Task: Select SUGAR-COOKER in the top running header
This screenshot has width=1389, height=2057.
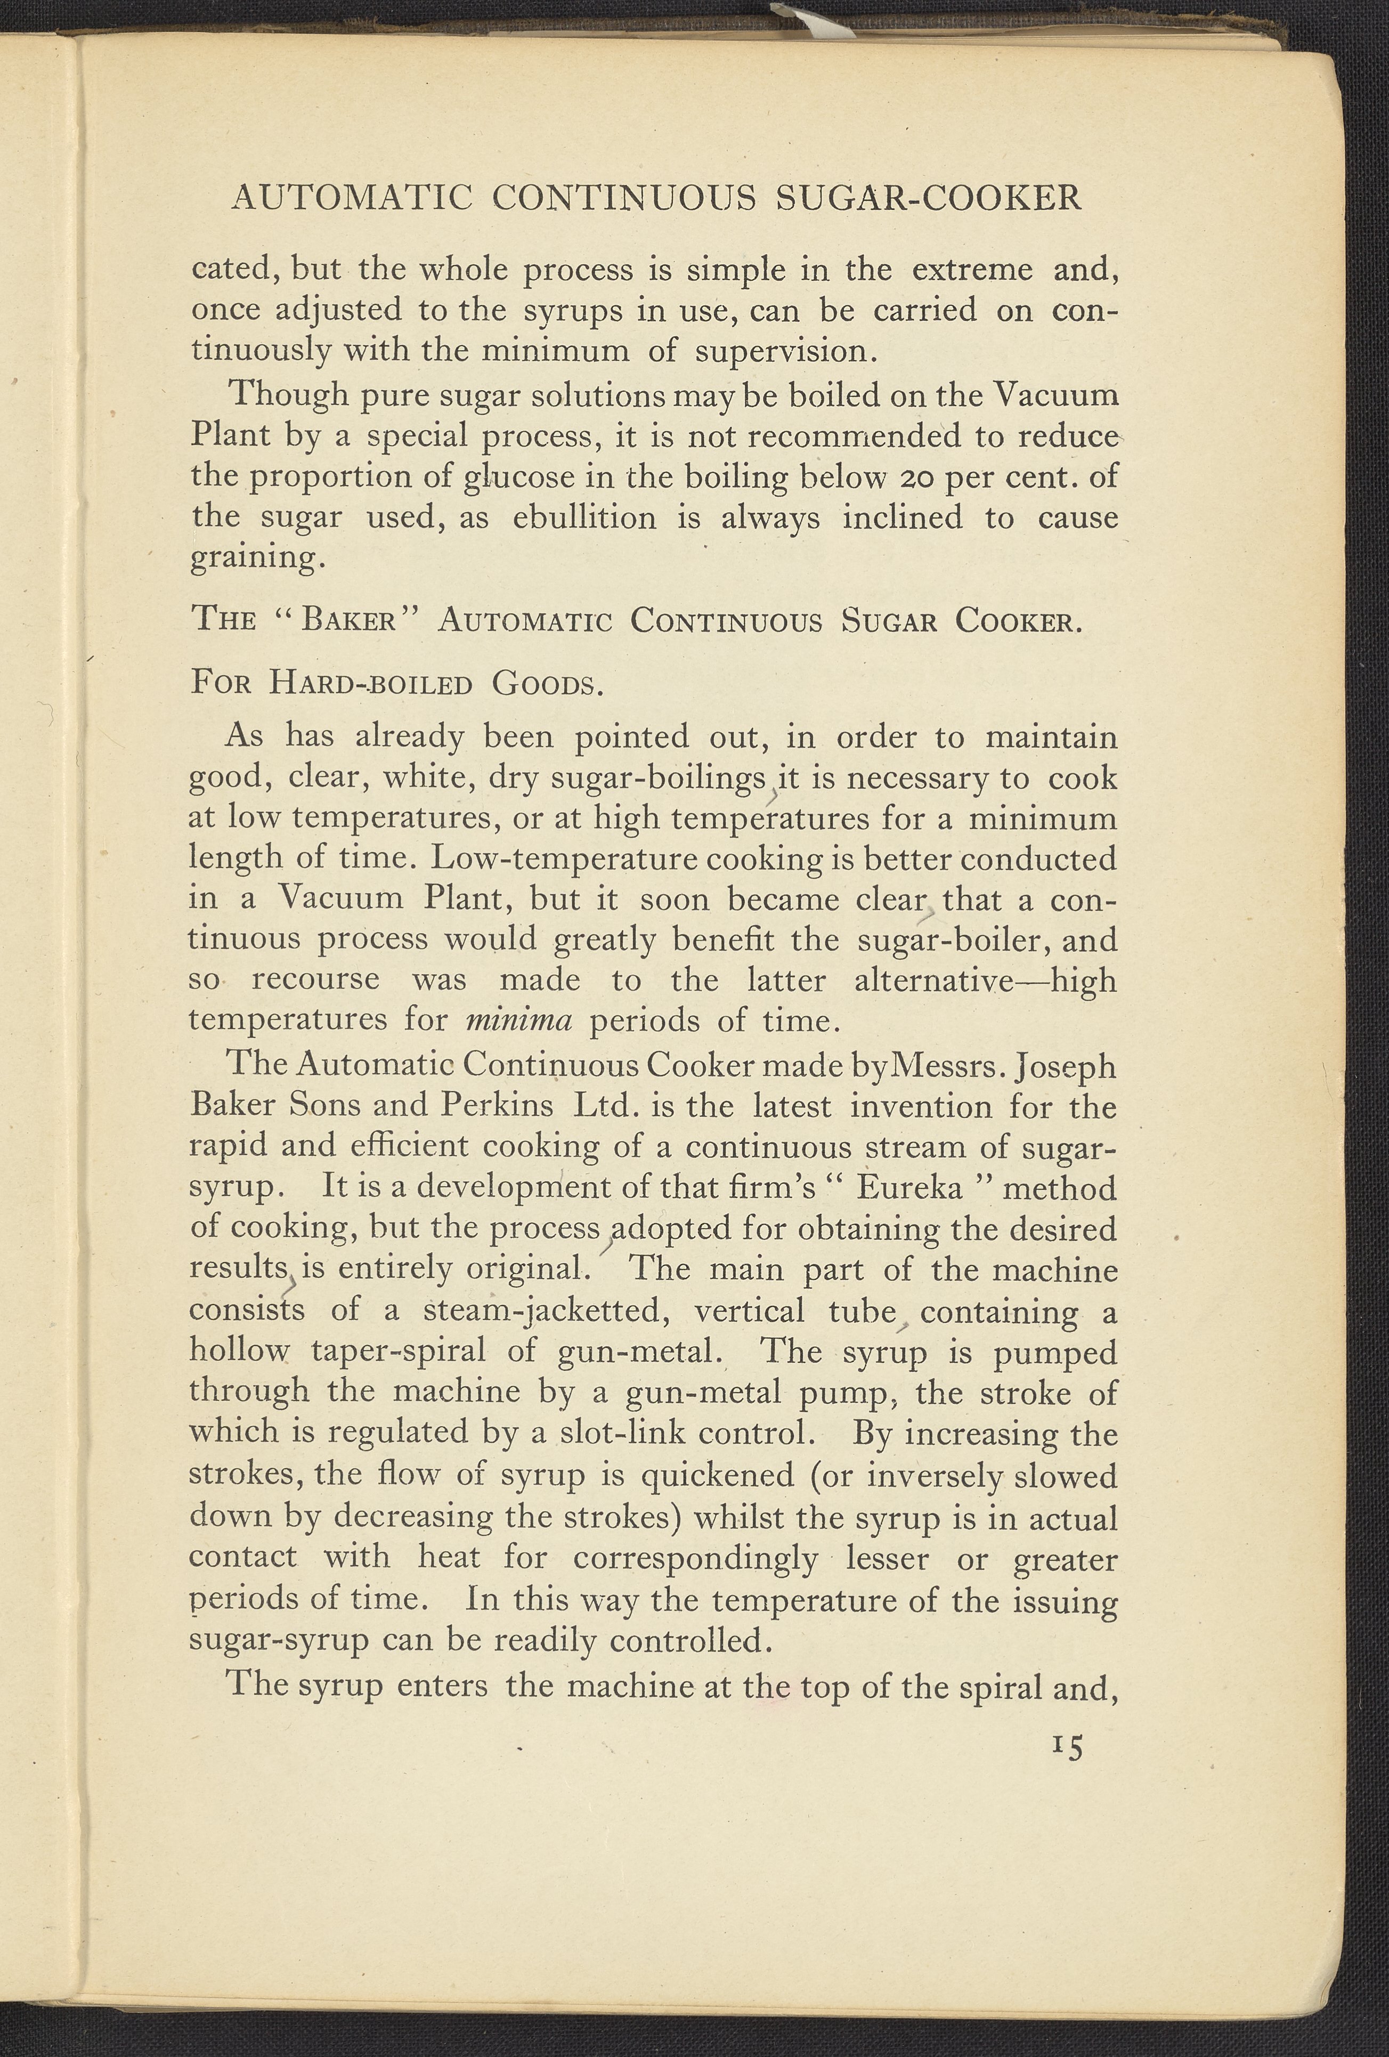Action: click(928, 197)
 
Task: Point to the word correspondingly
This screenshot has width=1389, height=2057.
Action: click(695, 1557)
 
